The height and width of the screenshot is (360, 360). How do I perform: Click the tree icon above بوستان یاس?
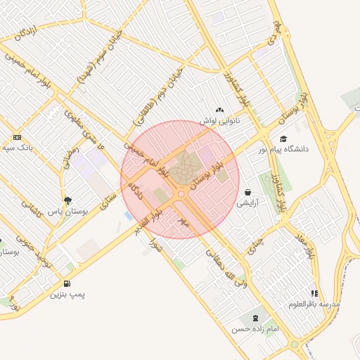click(67, 200)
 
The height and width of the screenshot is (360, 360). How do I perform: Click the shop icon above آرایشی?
click(248, 192)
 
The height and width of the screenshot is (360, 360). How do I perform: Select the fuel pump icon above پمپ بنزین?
click(67, 284)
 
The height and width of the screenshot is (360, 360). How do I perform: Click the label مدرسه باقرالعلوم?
click(314, 304)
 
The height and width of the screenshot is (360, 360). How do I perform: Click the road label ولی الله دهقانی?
click(225, 267)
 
